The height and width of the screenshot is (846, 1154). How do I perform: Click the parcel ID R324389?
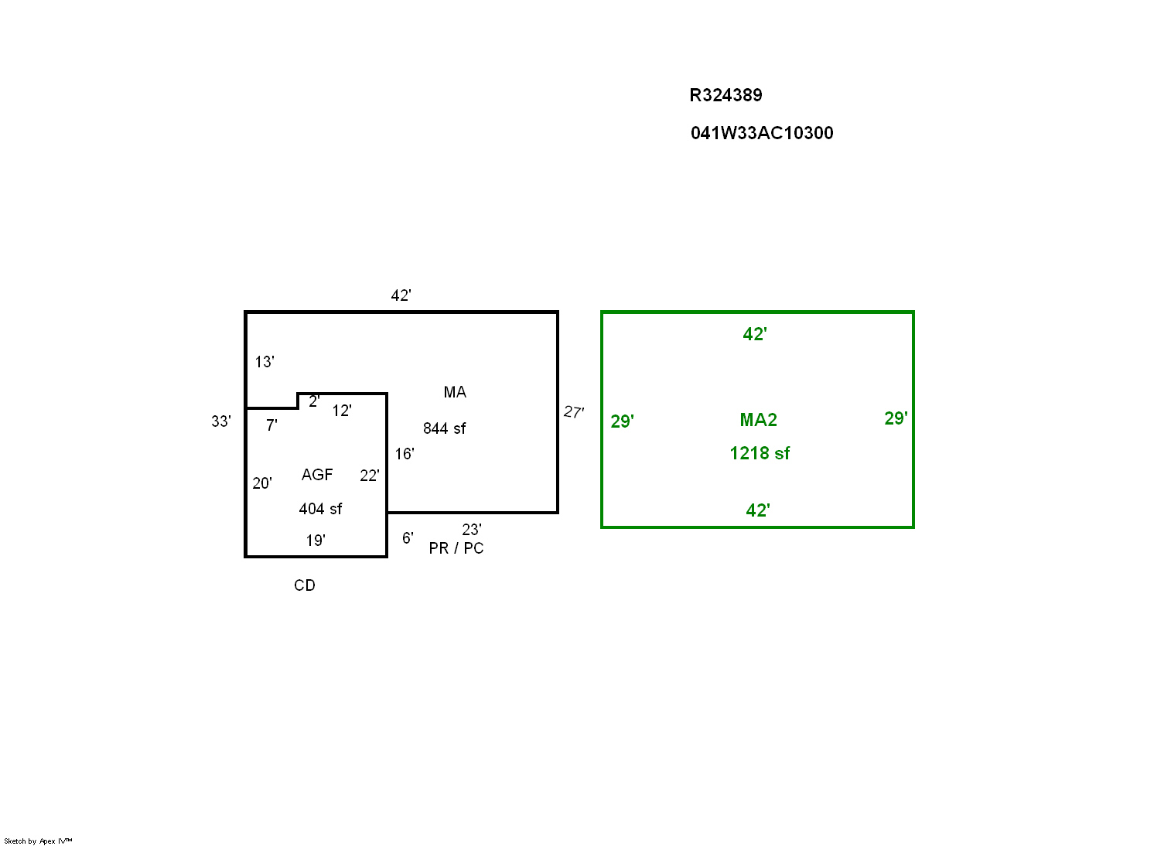pyautogui.click(x=726, y=95)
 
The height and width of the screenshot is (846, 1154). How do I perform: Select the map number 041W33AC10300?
pyautogui.click(x=762, y=133)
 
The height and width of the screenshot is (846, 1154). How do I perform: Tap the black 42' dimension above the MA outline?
pyautogui.click(x=401, y=295)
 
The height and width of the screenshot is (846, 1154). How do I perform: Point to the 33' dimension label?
pyautogui.click(x=221, y=421)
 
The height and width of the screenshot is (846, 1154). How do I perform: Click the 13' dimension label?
pyautogui.click(x=265, y=362)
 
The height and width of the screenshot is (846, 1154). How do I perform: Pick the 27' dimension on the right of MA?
pyautogui.click(x=574, y=412)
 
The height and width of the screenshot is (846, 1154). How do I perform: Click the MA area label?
pyautogui.click(x=455, y=392)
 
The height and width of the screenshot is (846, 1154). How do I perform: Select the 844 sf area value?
pyautogui.click(x=445, y=428)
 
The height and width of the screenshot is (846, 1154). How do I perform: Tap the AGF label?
pyautogui.click(x=317, y=475)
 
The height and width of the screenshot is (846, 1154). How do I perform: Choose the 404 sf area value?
pyautogui.click(x=320, y=509)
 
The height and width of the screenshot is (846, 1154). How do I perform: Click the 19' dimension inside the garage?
pyautogui.click(x=316, y=541)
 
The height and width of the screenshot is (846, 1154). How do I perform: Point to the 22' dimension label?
pyautogui.click(x=370, y=476)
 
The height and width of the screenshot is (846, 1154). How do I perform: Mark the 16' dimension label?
pyautogui.click(x=405, y=454)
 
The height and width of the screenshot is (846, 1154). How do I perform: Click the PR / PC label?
pyautogui.click(x=456, y=548)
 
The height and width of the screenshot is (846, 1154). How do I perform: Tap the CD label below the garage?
pyautogui.click(x=305, y=585)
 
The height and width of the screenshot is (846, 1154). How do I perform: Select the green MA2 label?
pyautogui.click(x=758, y=420)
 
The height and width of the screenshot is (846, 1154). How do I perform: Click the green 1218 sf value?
pyautogui.click(x=760, y=453)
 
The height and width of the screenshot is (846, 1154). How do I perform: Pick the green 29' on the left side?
pyautogui.click(x=623, y=421)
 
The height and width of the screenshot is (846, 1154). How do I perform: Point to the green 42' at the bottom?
pyautogui.click(x=758, y=510)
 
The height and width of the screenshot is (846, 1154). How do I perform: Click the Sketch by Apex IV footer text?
pyautogui.click(x=38, y=841)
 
